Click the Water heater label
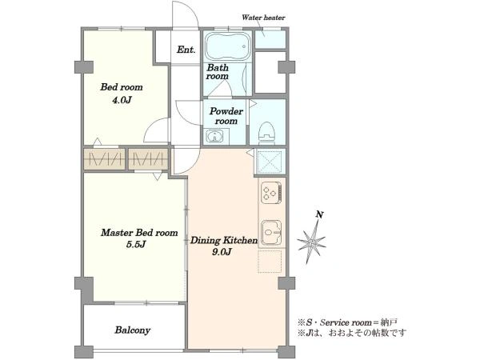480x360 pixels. coord(263,18)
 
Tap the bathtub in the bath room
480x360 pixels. coord(227,46)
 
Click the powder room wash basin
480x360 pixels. coord(216,136)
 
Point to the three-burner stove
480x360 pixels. coord(271,193)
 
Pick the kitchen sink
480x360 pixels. coord(271,233)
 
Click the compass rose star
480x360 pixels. coord(311,242)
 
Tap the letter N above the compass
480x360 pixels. coord(319,214)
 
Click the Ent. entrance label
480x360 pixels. coord(186,50)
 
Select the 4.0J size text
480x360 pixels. coord(122,100)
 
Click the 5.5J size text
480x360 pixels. coord(136,245)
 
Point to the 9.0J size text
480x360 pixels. coord(222,252)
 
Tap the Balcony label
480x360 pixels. coord(133,330)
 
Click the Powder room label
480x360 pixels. coord(226,116)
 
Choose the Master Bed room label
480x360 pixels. coord(139,233)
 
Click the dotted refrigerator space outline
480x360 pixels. coord(270,262)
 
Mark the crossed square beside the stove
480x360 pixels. coord(270,162)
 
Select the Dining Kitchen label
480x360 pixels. coord(224,240)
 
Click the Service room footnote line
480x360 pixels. coord(348,322)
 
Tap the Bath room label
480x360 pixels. coord(218,72)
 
